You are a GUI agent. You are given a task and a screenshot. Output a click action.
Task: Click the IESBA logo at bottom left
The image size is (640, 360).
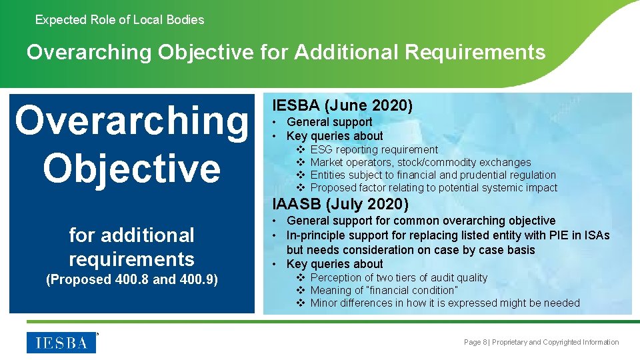(61, 343)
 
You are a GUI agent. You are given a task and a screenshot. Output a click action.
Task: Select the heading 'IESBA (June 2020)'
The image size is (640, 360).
(343, 105)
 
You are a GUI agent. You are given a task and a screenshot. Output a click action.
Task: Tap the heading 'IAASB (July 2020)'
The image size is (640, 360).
(340, 204)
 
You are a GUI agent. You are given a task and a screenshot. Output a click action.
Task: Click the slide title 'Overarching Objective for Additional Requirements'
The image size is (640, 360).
(286, 52)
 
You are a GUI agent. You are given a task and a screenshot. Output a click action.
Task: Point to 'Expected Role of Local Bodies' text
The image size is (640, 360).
(119, 20)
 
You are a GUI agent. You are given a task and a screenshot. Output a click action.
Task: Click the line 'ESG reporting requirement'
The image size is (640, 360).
(374, 149)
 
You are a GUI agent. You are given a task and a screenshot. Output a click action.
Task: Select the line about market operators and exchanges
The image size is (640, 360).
(421, 162)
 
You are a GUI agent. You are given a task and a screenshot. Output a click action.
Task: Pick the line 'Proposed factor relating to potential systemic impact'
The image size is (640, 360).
(433, 187)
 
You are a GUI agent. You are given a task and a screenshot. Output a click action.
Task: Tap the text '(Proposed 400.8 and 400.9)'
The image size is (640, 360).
(131, 279)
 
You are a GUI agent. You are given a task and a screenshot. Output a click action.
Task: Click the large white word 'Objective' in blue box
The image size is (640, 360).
(131, 167)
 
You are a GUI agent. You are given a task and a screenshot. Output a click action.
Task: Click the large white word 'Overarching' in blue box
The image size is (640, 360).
(131, 121)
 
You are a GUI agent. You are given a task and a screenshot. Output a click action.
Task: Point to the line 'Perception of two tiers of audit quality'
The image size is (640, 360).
(399, 277)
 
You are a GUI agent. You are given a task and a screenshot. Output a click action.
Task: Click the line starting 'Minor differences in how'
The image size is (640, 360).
(445, 303)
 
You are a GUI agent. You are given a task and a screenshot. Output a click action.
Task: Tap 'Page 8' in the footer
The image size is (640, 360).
(475, 342)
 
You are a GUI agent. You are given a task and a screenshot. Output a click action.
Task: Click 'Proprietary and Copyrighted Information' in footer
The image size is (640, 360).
(555, 342)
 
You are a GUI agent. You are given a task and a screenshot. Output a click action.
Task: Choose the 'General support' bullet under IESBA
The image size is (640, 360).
(329, 122)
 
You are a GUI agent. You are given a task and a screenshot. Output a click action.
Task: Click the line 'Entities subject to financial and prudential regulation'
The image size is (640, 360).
(433, 175)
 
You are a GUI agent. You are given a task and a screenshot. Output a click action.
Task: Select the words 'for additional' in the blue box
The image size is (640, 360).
(131, 235)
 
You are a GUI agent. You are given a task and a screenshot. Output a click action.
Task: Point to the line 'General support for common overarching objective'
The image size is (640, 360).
(421, 221)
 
